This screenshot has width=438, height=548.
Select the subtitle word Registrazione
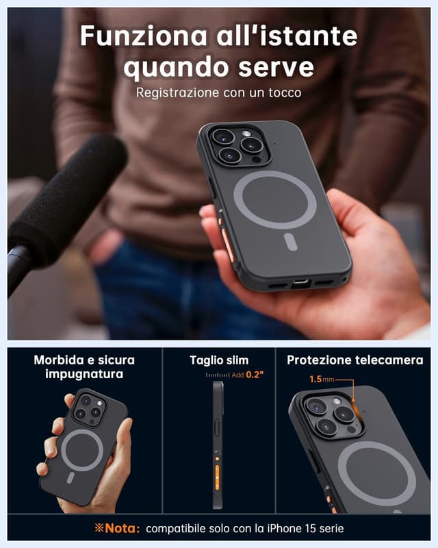click(175, 92)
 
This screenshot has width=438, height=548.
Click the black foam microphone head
click(65, 199)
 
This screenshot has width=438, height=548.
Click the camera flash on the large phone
click(246, 134)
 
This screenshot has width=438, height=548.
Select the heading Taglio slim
click(219, 360)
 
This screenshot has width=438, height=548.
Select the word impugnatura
click(84, 374)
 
